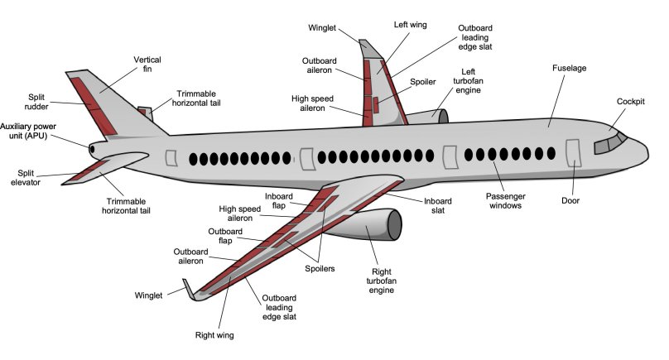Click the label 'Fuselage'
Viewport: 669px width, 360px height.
click(569, 68)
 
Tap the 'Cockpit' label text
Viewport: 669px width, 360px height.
click(632, 102)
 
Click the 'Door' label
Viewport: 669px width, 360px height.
click(570, 200)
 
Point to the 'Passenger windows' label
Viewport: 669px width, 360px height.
click(504, 201)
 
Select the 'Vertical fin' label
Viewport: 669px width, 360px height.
click(147, 65)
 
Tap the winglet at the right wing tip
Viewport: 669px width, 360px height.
click(190, 288)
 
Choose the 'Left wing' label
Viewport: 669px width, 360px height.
click(410, 25)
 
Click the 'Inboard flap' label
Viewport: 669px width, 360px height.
click(279, 201)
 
